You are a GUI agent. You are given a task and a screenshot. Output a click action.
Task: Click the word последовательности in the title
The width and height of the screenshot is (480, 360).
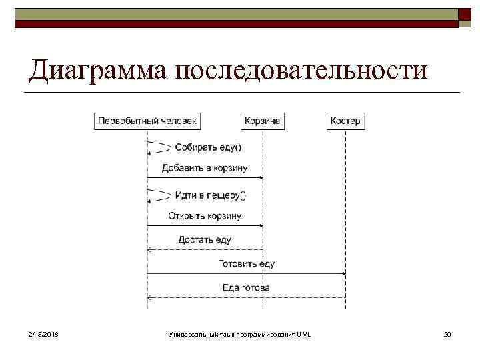(x=300, y=70)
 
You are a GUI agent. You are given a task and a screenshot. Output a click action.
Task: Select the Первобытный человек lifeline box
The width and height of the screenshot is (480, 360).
(x=148, y=121)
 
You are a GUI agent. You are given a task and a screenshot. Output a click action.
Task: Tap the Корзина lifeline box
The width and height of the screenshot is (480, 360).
(x=263, y=121)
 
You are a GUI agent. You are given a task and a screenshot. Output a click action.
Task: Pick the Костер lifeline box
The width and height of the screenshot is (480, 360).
(x=345, y=121)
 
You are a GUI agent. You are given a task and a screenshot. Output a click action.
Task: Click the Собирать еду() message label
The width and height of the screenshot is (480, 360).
(x=208, y=147)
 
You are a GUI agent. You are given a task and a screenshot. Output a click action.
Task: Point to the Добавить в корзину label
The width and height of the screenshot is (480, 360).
(x=204, y=167)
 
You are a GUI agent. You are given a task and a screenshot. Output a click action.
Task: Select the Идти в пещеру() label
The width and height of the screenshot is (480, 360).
(x=210, y=195)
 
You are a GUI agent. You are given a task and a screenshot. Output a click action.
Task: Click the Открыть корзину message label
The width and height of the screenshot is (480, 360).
(x=205, y=215)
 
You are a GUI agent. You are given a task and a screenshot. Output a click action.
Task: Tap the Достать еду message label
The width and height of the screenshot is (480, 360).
(x=205, y=239)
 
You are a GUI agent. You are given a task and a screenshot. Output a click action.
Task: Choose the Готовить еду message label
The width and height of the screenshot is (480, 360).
(x=246, y=263)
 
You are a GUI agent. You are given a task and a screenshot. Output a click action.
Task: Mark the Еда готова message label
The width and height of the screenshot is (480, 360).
(x=246, y=287)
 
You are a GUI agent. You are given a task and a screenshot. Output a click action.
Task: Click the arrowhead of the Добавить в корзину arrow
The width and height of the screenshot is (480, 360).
(x=261, y=177)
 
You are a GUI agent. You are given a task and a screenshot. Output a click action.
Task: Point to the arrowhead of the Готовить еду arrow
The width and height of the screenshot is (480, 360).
(x=343, y=273)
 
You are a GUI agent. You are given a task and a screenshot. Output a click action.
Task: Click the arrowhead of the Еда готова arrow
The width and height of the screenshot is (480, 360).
(x=150, y=297)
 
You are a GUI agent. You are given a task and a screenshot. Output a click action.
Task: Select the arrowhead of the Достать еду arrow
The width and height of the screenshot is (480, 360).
(x=150, y=249)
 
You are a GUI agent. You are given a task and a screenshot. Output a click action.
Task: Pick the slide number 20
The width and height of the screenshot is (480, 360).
(x=447, y=333)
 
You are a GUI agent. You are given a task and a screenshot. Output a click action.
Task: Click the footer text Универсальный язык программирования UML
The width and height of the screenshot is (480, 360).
(x=240, y=333)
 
